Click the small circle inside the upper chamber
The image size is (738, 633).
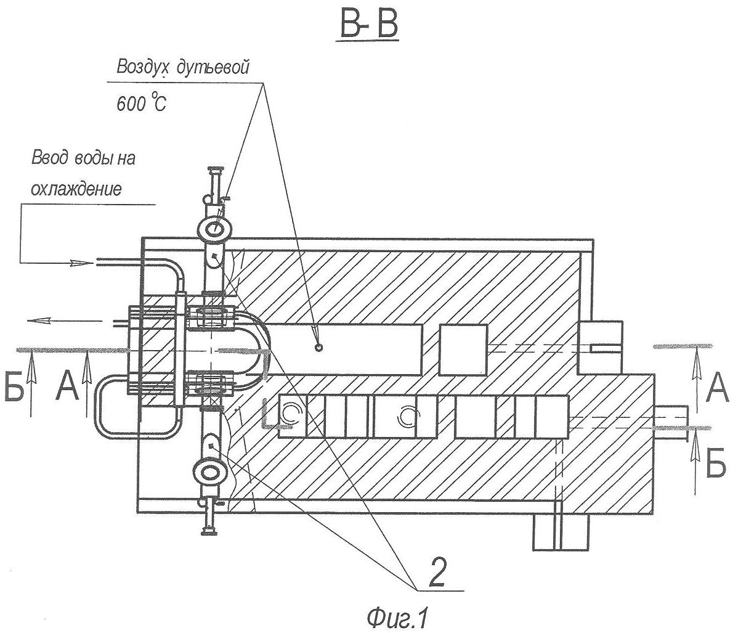318,348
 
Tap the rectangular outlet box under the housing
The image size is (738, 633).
561,531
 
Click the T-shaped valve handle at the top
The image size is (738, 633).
216,170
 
